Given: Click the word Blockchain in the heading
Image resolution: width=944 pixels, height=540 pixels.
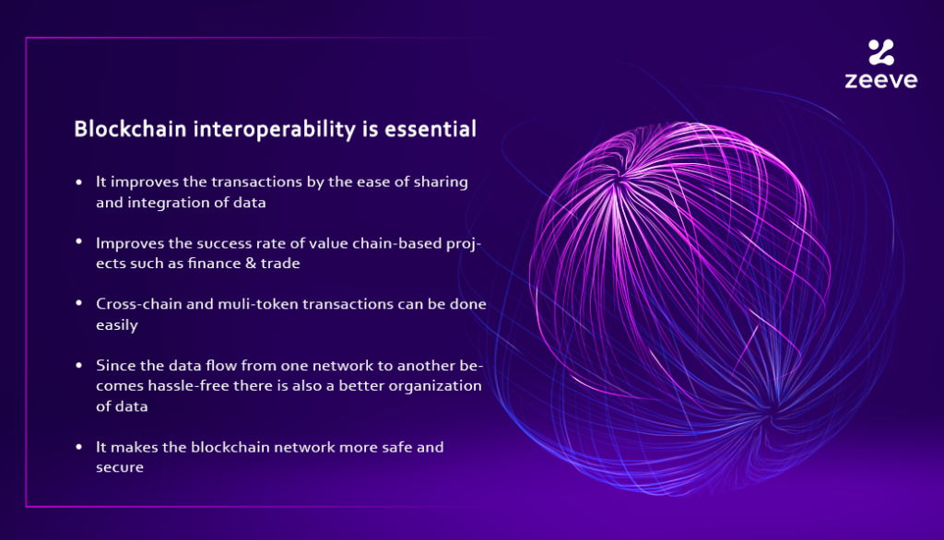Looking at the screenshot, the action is pos(130,129).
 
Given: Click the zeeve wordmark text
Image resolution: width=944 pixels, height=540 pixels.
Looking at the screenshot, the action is pos(880,80).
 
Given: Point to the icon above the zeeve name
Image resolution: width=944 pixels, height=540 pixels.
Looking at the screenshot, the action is pos(881,52).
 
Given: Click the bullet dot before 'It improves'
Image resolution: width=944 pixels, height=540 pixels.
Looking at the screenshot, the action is pos(79,182).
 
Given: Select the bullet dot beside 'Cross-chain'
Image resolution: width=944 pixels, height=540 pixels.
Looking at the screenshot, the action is pos(79,303).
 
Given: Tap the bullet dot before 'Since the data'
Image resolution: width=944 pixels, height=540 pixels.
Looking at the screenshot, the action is pos(79,365).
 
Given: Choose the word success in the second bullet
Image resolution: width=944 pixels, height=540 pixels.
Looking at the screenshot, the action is pos(226,243).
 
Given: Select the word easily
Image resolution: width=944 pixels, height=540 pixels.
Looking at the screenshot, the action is pos(117,325).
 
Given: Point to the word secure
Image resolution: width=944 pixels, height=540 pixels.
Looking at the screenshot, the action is pos(120,468).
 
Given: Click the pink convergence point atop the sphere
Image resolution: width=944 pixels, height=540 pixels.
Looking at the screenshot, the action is pos(619,179).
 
